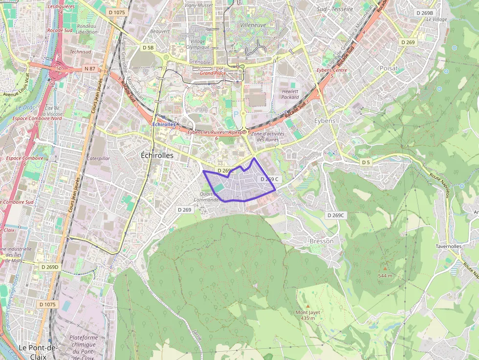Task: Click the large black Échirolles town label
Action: (x=157, y=155)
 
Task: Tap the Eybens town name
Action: (x=325, y=121)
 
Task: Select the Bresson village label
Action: (x=322, y=241)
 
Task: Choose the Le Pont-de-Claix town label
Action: (x=38, y=347)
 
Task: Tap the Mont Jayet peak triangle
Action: (x=308, y=306)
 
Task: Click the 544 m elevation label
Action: (x=385, y=275)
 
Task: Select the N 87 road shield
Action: (x=90, y=69)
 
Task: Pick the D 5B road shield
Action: (x=148, y=47)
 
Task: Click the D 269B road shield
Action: (x=424, y=13)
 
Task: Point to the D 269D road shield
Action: (x=49, y=267)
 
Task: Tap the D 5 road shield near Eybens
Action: (x=366, y=162)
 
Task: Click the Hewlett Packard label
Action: (x=290, y=94)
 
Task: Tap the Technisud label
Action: (x=80, y=51)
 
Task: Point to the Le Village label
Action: (x=436, y=20)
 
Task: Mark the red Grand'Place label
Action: (x=213, y=73)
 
